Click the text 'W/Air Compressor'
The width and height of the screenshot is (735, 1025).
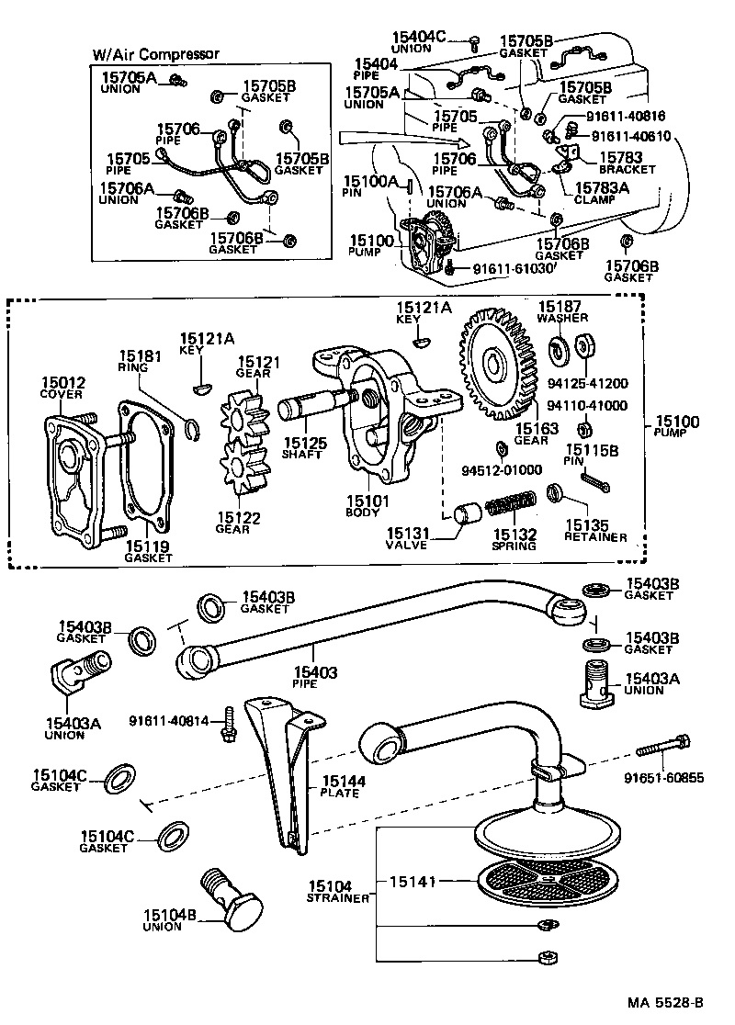(x=155, y=54)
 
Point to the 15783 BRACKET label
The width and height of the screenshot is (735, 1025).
(x=628, y=163)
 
